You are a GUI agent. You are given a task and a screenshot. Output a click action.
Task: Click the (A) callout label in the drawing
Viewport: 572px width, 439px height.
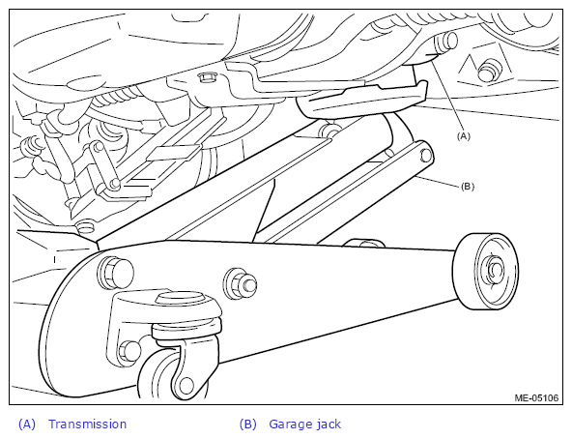pos(463,136)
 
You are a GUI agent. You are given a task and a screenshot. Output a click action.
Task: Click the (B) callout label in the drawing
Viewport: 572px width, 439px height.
pos(468,187)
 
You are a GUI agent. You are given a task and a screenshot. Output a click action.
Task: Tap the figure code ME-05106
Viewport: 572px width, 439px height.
pos(536,397)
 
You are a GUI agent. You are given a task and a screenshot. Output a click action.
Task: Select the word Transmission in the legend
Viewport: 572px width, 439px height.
pos(88,424)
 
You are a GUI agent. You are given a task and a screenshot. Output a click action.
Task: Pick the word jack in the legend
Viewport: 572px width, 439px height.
pos(329,424)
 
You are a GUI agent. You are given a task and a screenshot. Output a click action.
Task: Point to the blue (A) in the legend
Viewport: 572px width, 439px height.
pos(27,424)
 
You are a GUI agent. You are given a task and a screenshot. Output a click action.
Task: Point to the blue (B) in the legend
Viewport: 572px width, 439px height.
pos(248,424)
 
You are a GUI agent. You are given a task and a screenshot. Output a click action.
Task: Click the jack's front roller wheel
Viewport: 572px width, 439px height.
pos(485,272)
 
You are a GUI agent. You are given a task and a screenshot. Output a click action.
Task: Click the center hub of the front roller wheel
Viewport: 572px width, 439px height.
pos(494,271)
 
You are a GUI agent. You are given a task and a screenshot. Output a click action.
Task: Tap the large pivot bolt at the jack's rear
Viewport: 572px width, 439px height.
pos(115,272)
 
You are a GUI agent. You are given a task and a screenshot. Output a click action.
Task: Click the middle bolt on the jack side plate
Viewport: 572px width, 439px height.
pos(240,284)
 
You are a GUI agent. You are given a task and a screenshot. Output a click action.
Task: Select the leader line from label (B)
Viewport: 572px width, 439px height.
pos(439,182)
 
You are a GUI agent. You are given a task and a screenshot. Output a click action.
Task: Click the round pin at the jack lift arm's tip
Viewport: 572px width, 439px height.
pos(425,156)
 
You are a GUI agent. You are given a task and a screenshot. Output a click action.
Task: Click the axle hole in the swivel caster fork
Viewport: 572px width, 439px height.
pos(186,386)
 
